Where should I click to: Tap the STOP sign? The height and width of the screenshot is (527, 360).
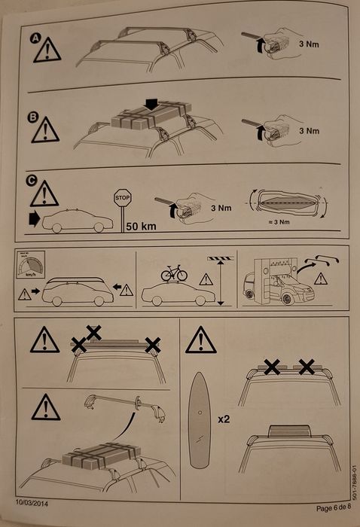(x=123, y=198)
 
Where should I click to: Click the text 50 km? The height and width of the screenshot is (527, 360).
(x=141, y=225)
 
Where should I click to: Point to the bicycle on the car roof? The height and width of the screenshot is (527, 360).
(x=174, y=273)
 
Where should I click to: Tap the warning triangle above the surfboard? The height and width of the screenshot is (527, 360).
(x=200, y=341)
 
